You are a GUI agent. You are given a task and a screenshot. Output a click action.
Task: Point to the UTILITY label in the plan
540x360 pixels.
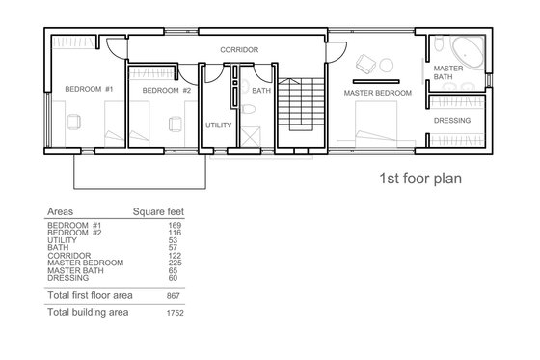[216, 125]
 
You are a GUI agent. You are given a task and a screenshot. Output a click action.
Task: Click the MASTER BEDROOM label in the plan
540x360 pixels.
[378, 93]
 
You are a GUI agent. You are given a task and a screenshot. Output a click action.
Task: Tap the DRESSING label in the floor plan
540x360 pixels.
[451, 121]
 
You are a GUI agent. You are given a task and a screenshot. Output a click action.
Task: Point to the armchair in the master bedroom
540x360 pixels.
[367, 64]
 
